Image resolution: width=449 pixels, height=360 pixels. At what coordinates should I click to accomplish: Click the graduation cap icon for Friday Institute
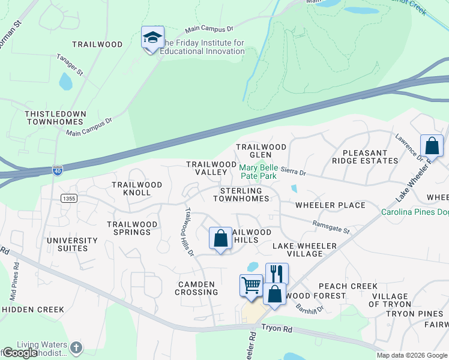[152, 38]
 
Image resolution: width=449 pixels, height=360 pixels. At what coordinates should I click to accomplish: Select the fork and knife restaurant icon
[277, 273]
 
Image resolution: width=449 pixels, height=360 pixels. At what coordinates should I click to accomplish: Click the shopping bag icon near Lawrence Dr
[432, 145]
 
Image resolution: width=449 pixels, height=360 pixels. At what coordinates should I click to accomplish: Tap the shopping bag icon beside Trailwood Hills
[220, 238]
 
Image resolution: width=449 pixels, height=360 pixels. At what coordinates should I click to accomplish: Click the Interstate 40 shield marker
[57, 170]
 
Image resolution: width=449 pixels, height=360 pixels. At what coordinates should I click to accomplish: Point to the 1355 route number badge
[68, 198]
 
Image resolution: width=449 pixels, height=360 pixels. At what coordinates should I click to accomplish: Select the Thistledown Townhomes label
[55, 118]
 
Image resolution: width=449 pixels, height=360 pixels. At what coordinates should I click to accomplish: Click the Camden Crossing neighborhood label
[196, 288]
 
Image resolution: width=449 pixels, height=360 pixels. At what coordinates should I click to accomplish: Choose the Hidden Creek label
[32, 310]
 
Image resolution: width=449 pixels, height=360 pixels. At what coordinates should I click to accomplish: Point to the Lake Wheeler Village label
[306, 250]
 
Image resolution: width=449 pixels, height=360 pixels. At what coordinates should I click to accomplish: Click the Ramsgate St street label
[331, 226]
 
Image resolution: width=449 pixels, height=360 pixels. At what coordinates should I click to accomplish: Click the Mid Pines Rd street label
[13, 286]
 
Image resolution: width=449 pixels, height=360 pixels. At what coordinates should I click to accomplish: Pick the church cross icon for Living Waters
[76, 347]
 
